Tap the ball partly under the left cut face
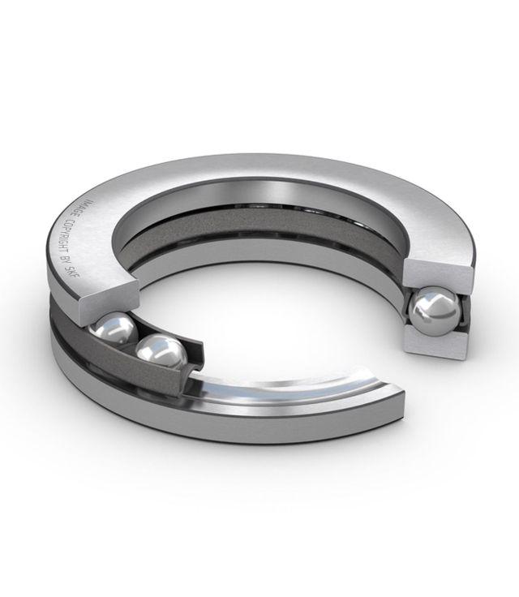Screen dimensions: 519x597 click(113, 330)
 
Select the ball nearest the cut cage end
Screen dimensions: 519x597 click(161, 355)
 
